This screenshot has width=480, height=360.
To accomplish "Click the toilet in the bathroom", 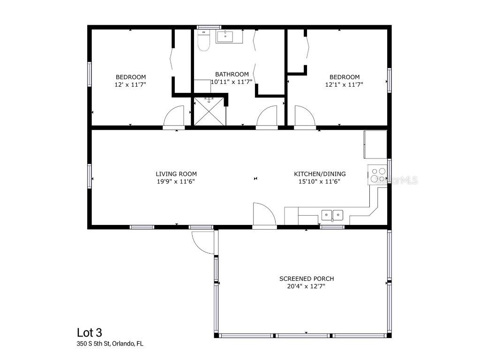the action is tap(203, 40).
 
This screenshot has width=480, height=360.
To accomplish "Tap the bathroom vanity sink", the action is tap(225, 37).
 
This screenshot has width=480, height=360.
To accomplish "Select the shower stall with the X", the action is tap(210, 112).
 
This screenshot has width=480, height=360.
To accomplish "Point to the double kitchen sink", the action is tap(332, 215).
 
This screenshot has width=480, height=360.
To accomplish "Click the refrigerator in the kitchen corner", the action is tap(375, 144).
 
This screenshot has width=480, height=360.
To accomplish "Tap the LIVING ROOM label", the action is tap(176, 174).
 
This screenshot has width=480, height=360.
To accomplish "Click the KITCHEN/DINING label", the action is tap(320, 174).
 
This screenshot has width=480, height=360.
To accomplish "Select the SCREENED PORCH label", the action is tap(307, 278).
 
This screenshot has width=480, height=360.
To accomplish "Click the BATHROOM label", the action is tap(232, 74).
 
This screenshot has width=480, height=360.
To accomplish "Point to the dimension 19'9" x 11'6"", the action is tap(176, 181).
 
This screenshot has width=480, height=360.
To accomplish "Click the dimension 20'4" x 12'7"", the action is tap(306, 286).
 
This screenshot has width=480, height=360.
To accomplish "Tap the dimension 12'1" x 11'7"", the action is tap(344, 84).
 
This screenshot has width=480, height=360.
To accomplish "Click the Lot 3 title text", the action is tap(90, 332).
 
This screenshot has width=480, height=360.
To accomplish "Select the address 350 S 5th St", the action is tap(93, 344).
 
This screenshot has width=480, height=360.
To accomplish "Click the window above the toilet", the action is tap(209, 27).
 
